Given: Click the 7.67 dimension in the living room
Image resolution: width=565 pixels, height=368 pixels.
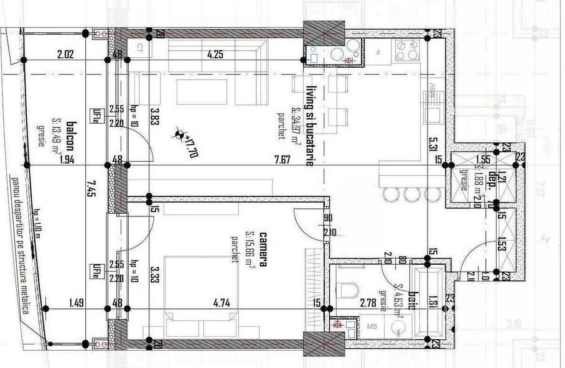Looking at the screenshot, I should [x=282, y=159].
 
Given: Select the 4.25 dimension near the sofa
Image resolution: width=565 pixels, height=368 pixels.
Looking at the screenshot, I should [x=215, y=54].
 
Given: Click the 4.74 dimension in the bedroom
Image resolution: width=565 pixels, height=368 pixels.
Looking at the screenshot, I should [x=222, y=303].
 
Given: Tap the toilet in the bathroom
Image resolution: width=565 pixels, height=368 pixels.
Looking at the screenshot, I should [x=350, y=291].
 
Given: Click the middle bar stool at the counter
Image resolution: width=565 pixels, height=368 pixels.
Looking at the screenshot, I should [x=410, y=195].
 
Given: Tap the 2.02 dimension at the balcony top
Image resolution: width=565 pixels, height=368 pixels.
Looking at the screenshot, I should [x=65, y=54].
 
